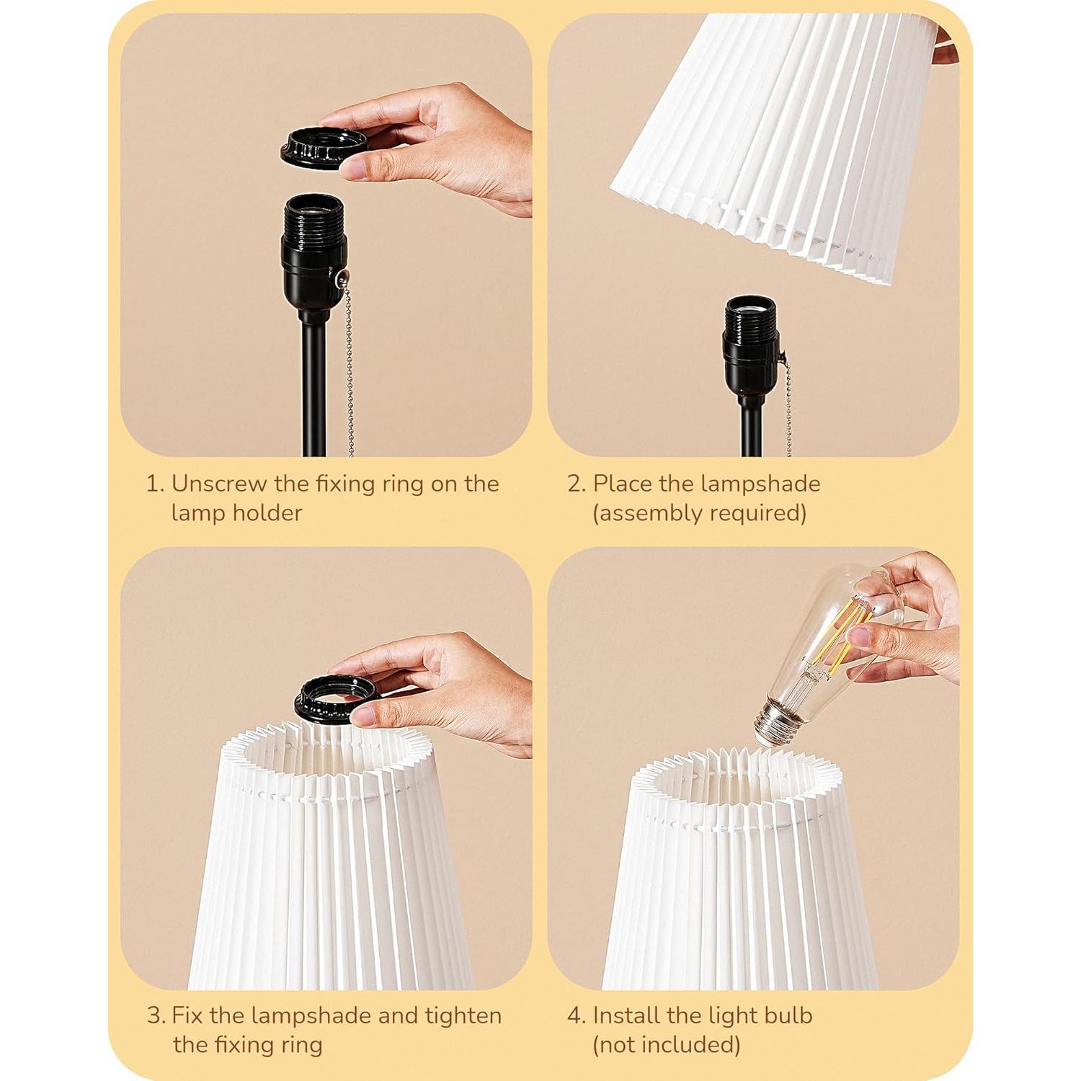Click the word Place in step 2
coord(623,484)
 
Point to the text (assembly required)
coord(699,513)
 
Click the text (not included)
coord(666,1045)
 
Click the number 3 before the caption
coord(154,1015)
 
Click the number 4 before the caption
coord(575,1015)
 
